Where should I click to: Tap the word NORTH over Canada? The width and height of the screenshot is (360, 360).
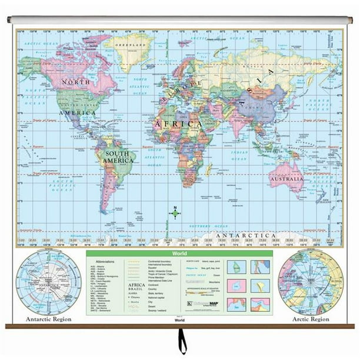78,82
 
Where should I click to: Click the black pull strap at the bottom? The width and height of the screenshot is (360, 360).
182,344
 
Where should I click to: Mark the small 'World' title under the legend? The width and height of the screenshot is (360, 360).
179,321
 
